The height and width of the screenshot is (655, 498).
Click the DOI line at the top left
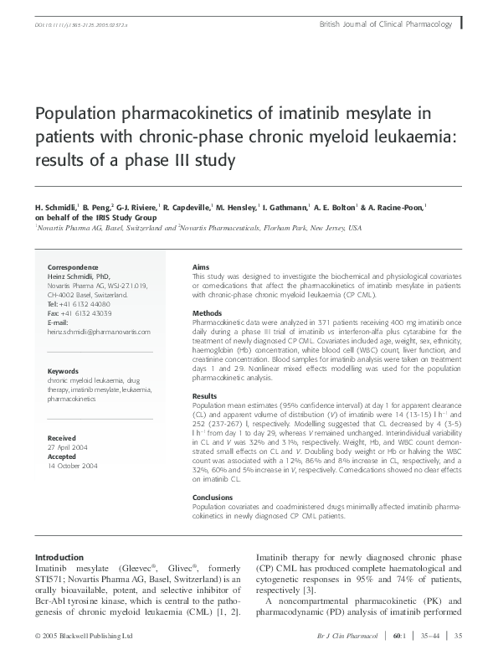pyautogui.click(x=76, y=26)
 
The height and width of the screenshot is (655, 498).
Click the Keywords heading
pyautogui.click(x=63, y=370)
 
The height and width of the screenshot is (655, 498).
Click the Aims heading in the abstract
pyautogui.click(x=201, y=266)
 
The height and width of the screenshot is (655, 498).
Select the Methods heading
pyautogui.click(x=207, y=312)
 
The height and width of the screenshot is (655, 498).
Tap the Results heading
pyautogui.click(x=204, y=395)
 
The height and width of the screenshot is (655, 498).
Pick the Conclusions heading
pyautogui.click(x=213, y=497)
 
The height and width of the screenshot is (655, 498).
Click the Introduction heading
pyautogui.click(x=59, y=557)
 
